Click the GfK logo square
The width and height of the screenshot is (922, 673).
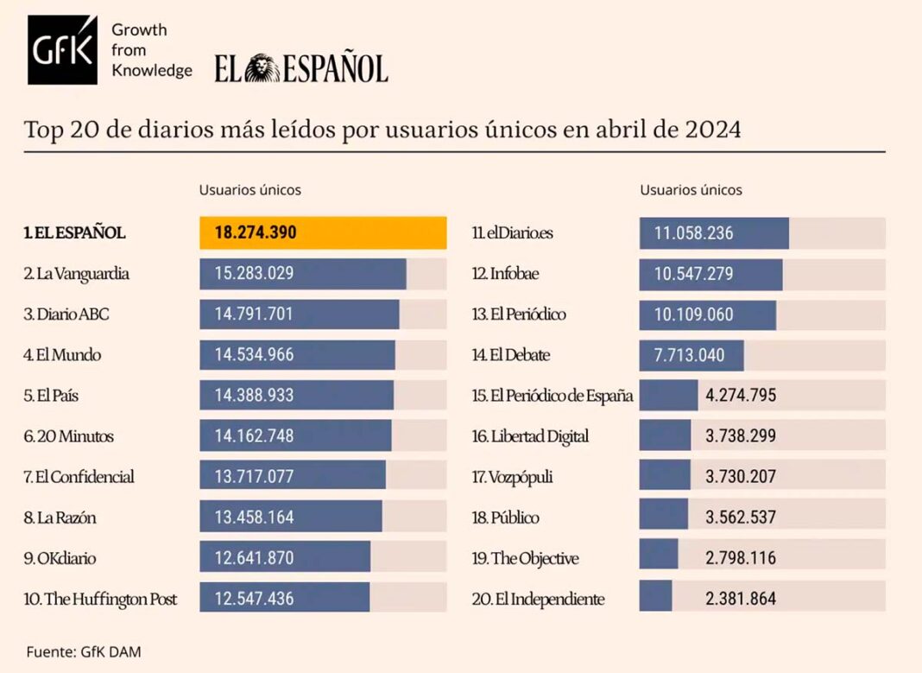[x=62, y=50]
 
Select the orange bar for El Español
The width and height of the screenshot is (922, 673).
[x=323, y=233]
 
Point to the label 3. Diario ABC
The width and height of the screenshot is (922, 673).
[x=66, y=314]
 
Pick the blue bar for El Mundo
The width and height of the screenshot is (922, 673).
[x=297, y=355]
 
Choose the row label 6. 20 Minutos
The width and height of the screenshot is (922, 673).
[x=69, y=436]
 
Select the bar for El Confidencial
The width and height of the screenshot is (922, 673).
[x=292, y=476]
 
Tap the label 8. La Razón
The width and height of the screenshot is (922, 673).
[x=60, y=517]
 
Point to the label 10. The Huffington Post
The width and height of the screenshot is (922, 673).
[x=101, y=598]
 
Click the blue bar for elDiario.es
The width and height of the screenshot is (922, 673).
[x=714, y=233]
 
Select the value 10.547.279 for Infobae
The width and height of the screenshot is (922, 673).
[x=694, y=274]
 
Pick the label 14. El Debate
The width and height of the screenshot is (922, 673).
[x=511, y=355]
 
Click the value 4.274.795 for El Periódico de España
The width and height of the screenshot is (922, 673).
[x=741, y=396]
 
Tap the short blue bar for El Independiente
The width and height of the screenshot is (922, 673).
[x=656, y=598]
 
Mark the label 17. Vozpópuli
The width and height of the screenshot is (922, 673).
[x=513, y=476]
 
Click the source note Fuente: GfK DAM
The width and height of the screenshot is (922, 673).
[x=83, y=651]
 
